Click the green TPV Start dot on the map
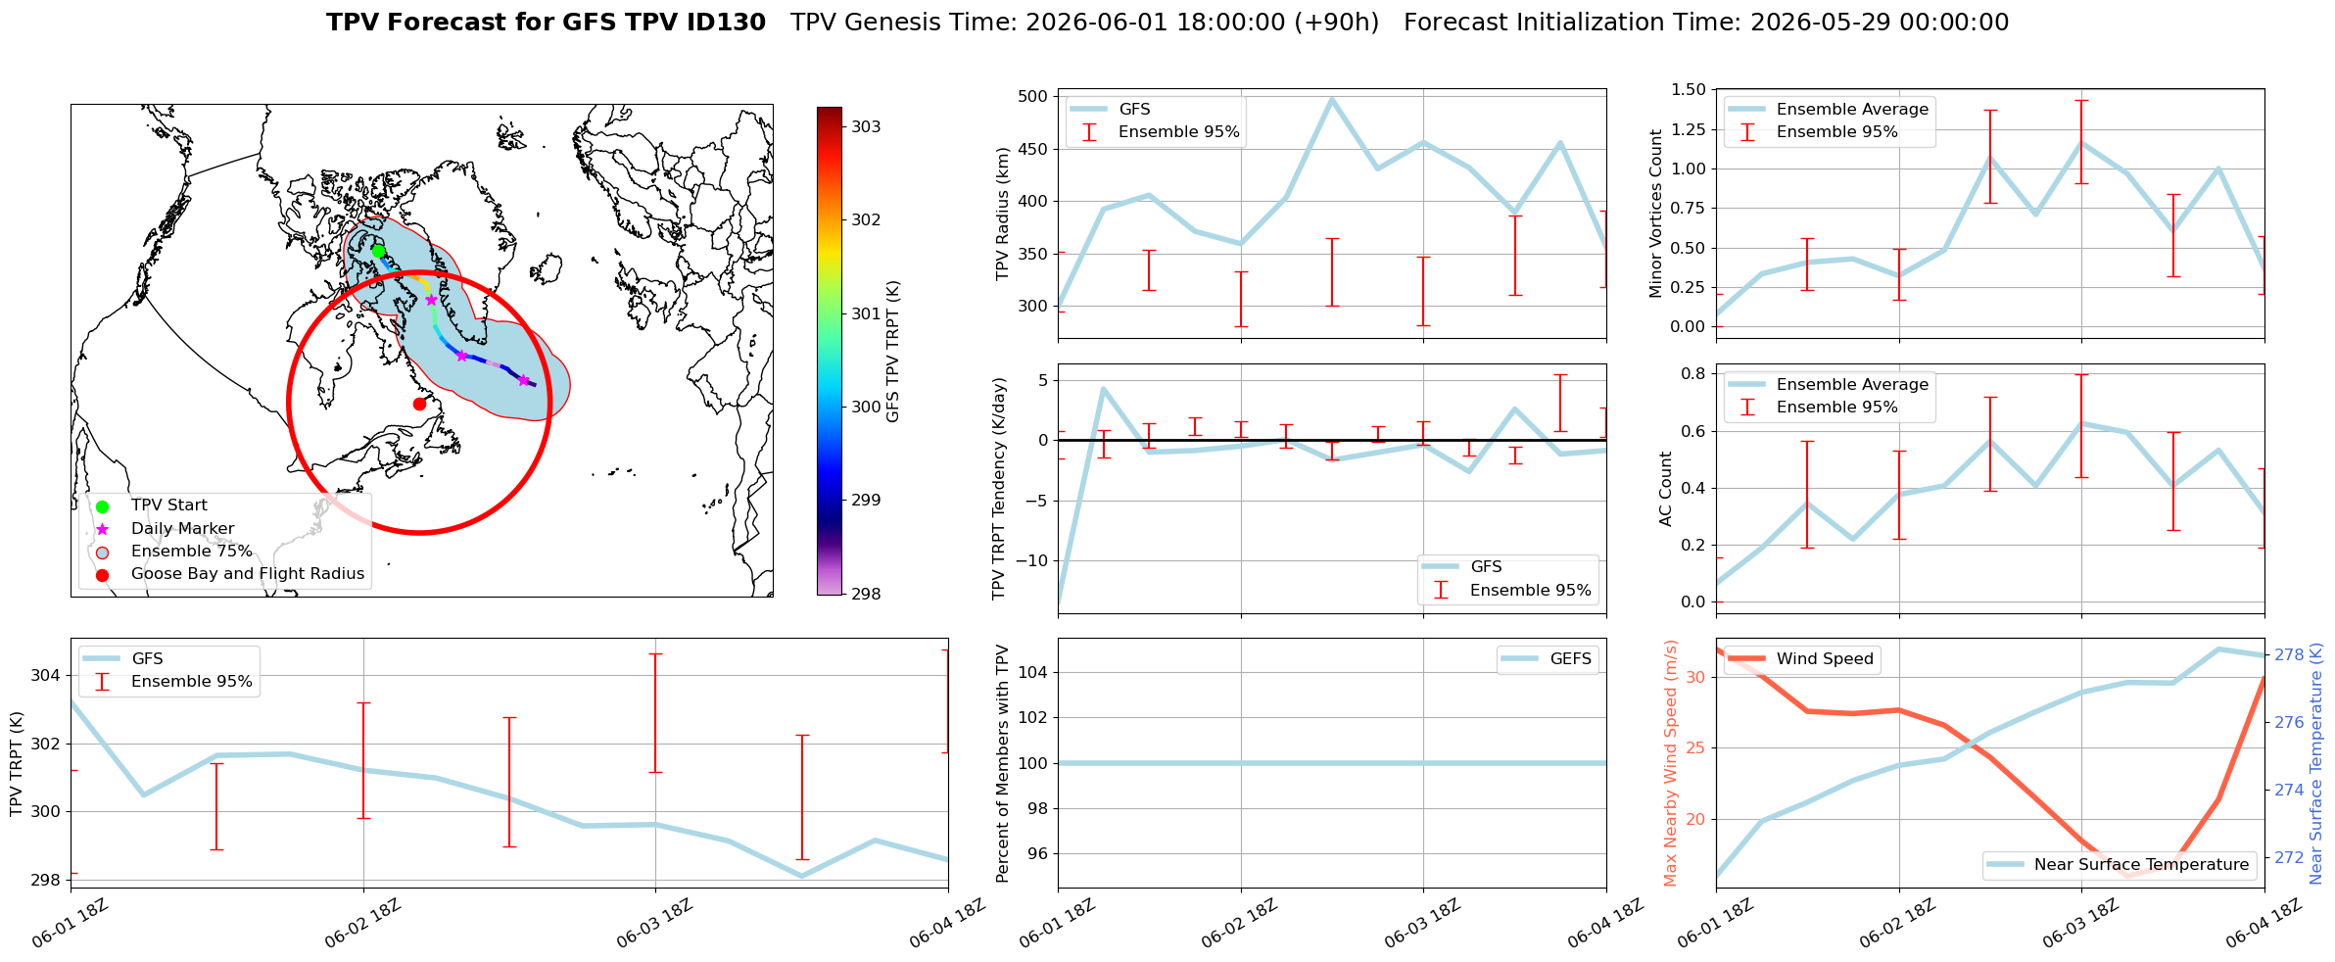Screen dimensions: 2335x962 [378, 251]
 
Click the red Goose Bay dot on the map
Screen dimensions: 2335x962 [419, 404]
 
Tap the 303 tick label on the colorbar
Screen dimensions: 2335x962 [866, 126]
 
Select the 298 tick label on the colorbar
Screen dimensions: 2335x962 [866, 594]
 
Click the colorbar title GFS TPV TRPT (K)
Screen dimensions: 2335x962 [892, 352]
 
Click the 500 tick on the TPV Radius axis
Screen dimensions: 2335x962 [1032, 96]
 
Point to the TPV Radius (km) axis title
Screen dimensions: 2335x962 [1003, 214]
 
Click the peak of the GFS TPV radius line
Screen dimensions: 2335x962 [1332, 98]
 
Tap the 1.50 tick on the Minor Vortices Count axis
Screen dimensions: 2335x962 [1689, 89]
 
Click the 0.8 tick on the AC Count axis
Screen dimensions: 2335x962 [1694, 373]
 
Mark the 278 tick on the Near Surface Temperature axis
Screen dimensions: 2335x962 [2290, 654]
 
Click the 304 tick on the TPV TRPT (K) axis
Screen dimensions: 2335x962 [46, 675]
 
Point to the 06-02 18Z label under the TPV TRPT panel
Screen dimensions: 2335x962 [362, 923]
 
